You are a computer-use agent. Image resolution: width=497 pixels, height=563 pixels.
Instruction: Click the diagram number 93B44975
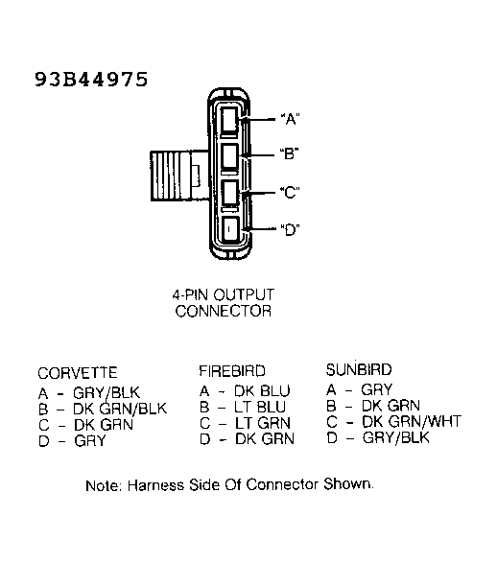[x=91, y=79]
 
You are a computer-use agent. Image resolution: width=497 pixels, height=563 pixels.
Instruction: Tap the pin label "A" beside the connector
[x=290, y=119]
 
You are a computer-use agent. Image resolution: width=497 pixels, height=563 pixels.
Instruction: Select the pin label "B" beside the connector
[x=290, y=153]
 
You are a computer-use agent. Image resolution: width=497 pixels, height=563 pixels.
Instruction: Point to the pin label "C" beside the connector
[x=290, y=192]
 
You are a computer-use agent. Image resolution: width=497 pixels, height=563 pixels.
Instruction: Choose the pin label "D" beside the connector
[x=290, y=229]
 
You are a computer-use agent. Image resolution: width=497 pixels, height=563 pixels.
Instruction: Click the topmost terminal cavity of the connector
[x=229, y=120]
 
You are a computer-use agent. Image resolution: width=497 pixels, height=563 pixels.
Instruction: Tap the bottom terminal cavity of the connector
[x=230, y=229]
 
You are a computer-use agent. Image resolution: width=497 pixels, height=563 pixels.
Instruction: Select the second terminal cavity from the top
[x=229, y=155]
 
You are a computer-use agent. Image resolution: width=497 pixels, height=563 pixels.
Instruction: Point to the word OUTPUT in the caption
[x=244, y=295]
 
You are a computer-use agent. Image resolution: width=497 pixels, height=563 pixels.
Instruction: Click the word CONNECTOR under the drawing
[x=223, y=311]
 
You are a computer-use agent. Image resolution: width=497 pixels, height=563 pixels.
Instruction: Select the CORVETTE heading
[x=78, y=373]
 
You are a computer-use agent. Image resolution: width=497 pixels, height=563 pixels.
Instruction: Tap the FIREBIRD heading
[x=232, y=371]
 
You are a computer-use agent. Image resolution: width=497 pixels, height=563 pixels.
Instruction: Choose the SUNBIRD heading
[x=359, y=369]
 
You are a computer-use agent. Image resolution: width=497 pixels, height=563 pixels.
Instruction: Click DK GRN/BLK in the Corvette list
[x=120, y=409]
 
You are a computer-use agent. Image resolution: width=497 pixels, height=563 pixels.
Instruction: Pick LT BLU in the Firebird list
[x=260, y=408]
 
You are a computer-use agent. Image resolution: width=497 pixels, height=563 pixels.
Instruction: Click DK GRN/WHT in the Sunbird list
[x=412, y=422]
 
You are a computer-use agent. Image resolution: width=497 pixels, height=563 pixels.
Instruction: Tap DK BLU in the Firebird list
[x=262, y=391]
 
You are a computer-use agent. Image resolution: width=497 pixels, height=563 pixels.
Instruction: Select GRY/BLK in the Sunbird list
[x=395, y=437]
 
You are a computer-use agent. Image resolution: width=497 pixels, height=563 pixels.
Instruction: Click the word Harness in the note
[x=155, y=485]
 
